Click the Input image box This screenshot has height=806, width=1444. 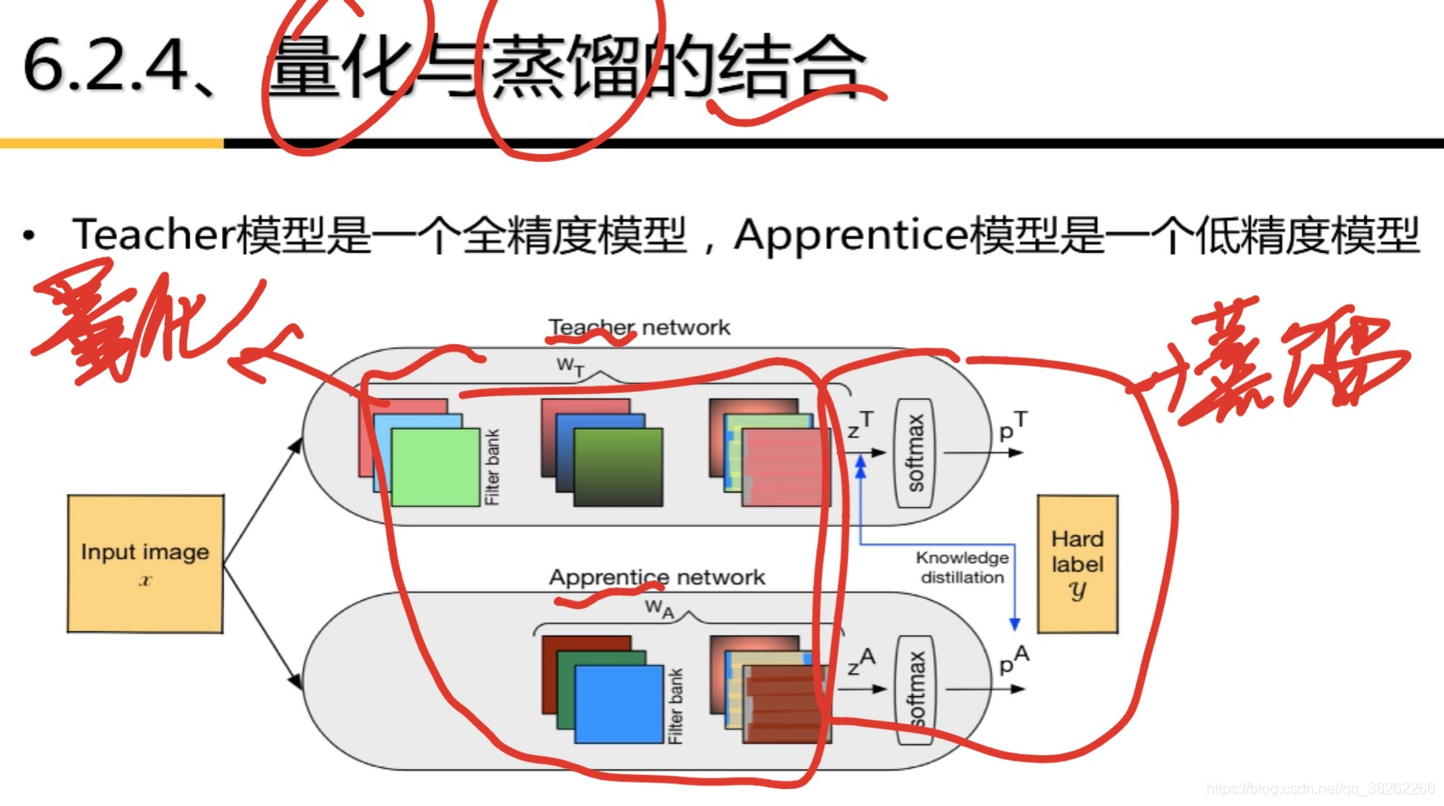[145, 563]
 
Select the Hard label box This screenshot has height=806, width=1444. [1077, 564]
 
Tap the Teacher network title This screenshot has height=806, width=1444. [639, 327]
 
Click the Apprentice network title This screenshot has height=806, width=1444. [657, 577]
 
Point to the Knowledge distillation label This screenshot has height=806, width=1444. [962, 567]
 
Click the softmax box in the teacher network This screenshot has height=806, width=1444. [915, 453]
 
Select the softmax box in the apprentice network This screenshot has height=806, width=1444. [915, 690]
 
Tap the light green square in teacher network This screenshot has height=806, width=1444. [435, 467]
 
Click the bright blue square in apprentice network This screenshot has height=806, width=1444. [619, 704]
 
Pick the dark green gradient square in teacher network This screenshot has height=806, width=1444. [618, 467]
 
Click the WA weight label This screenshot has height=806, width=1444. [659, 609]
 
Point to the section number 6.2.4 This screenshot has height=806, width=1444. [105, 66]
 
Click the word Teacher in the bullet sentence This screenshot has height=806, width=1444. [153, 235]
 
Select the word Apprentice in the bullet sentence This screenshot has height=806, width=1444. [851, 235]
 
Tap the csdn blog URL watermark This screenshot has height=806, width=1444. [1320, 788]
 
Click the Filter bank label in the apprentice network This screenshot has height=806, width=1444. [675, 705]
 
